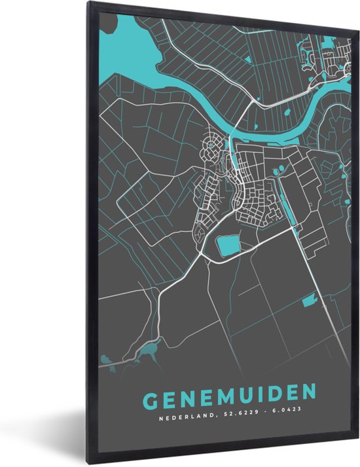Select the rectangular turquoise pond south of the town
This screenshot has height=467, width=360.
click(228, 247)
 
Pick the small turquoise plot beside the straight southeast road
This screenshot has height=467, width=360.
click(308, 302)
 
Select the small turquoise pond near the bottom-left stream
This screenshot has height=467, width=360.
click(152, 346)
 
